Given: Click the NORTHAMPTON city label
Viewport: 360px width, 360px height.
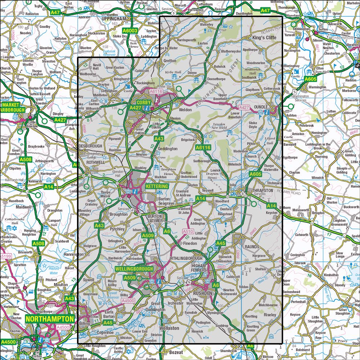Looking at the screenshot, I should tap(50, 319).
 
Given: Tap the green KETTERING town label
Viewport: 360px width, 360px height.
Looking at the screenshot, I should tap(157, 186).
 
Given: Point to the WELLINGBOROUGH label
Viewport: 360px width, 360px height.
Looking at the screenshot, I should tap(134, 269).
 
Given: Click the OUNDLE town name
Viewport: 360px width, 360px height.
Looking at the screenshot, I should tap(261, 107).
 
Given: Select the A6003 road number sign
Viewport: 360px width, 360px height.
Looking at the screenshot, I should tap(130, 31).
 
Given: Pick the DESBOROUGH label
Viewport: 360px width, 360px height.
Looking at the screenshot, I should tap(90, 146).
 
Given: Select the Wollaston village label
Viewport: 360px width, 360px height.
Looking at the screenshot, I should tap(169, 328).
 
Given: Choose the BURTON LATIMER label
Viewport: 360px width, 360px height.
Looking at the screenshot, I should tap(156, 217).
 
